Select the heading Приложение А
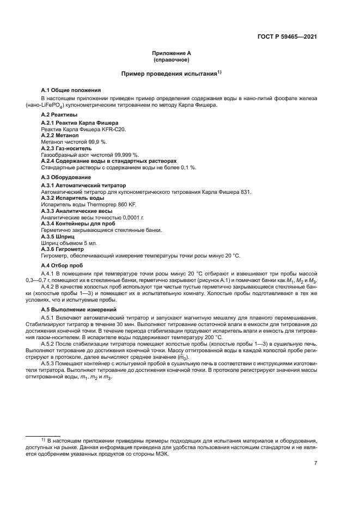click(x=171, y=53)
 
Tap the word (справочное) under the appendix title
click(x=171, y=59)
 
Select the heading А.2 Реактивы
click(x=59, y=115)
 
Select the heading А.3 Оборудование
click(x=66, y=177)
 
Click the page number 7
click(x=315, y=464)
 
